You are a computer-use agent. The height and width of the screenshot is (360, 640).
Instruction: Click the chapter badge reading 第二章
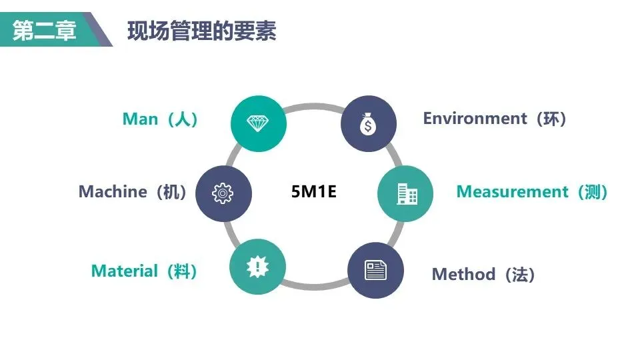(45, 31)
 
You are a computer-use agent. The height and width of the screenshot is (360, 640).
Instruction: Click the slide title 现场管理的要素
(201, 31)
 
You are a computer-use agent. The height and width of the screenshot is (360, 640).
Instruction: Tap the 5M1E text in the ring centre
(314, 192)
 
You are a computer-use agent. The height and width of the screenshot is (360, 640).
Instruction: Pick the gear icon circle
(224, 193)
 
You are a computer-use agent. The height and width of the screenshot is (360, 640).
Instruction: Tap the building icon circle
(405, 193)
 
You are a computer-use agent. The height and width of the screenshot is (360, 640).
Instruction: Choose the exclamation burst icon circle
(257, 267)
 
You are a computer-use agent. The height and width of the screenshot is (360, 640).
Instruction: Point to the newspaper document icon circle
(375, 270)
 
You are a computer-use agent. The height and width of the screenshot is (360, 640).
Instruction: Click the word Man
(140, 119)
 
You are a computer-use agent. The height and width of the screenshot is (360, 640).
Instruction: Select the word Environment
(475, 119)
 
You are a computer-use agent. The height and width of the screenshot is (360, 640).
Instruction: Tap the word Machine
(113, 192)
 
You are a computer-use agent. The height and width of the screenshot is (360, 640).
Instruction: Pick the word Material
(125, 271)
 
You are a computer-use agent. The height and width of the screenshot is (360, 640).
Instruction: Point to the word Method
(463, 274)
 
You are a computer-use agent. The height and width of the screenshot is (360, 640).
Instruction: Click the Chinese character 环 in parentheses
(551, 119)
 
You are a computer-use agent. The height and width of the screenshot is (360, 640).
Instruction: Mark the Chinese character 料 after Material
(182, 271)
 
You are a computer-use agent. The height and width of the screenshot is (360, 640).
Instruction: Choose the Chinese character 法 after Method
(520, 274)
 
